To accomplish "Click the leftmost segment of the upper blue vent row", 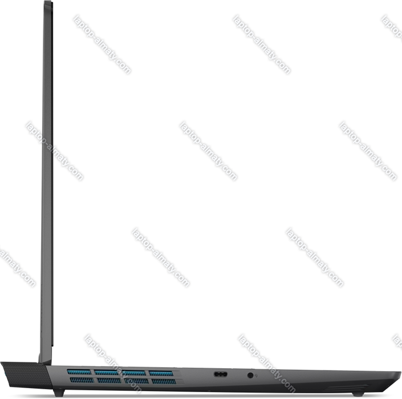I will click(79, 373).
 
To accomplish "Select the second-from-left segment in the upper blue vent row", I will click(107, 373).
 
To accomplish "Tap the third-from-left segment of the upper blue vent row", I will click(135, 374).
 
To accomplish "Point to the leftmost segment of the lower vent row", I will click(80, 380).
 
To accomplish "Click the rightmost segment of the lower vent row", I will click(163, 381).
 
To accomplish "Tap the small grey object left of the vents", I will click(2, 375).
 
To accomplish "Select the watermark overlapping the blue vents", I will click(112, 363).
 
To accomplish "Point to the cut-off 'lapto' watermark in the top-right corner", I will click(392, 27).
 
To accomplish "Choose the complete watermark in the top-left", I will click(102, 45).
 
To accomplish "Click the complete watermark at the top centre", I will click(262, 45).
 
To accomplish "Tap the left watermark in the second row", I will click(55, 151).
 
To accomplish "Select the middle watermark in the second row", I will click(208, 151).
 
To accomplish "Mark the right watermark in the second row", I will click(368, 151).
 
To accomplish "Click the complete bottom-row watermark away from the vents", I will click(267, 363).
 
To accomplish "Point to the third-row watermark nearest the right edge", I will click(315, 257).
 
